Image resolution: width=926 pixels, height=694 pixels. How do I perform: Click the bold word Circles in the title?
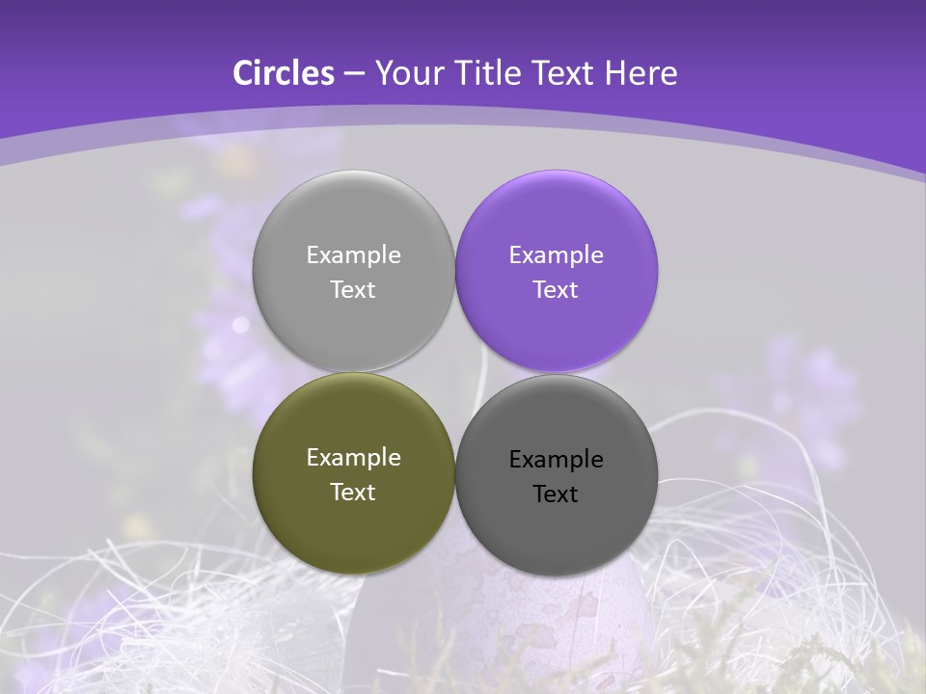click(283, 73)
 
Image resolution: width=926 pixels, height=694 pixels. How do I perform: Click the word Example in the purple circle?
click(556, 255)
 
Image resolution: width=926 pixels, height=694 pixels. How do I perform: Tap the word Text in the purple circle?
click(556, 290)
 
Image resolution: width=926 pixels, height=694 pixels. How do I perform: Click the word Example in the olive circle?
click(353, 458)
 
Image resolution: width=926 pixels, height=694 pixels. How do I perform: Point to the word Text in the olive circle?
click(353, 493)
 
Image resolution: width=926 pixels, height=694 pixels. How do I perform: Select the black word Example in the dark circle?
click(556, 460)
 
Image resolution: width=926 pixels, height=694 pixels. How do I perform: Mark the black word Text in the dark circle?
click(556, 494)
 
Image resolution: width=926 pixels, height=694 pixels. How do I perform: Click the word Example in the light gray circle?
click(353, 255)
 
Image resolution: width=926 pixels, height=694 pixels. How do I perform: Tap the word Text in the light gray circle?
click(353, 290)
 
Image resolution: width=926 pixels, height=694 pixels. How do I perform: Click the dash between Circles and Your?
click(354, 74)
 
